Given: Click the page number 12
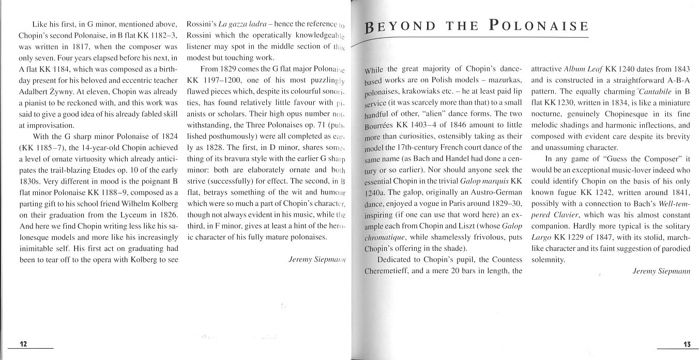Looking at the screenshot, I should point(23,345).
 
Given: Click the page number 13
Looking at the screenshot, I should point(686,345).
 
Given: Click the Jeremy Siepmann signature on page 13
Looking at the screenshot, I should point(661,271).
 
